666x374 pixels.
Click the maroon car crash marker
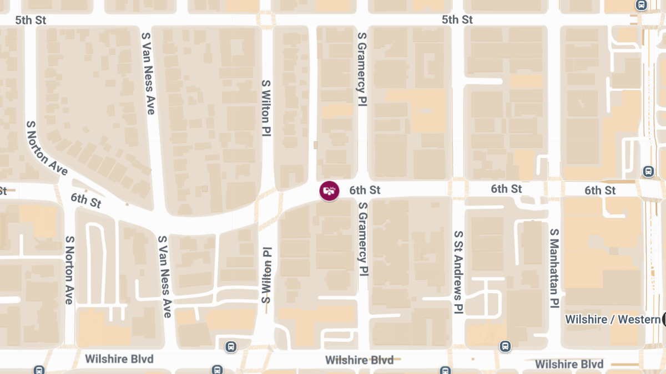(329, 191)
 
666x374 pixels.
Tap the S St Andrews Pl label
(458, 273)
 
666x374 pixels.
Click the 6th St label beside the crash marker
(365, 190)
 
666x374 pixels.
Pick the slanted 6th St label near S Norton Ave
(86, 200)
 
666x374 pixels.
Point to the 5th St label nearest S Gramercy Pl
(457, 19)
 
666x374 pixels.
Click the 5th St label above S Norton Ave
(31, 20)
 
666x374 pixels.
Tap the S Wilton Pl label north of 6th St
(266, 107)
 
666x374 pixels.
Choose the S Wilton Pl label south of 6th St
(267, 275)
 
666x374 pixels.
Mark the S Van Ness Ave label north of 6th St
(148, 73)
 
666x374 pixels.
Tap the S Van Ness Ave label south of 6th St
(164, 276)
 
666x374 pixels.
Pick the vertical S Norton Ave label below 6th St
(69, 270)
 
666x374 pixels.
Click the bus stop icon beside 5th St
(641, 6)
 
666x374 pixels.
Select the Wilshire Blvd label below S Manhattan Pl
(569, 364)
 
